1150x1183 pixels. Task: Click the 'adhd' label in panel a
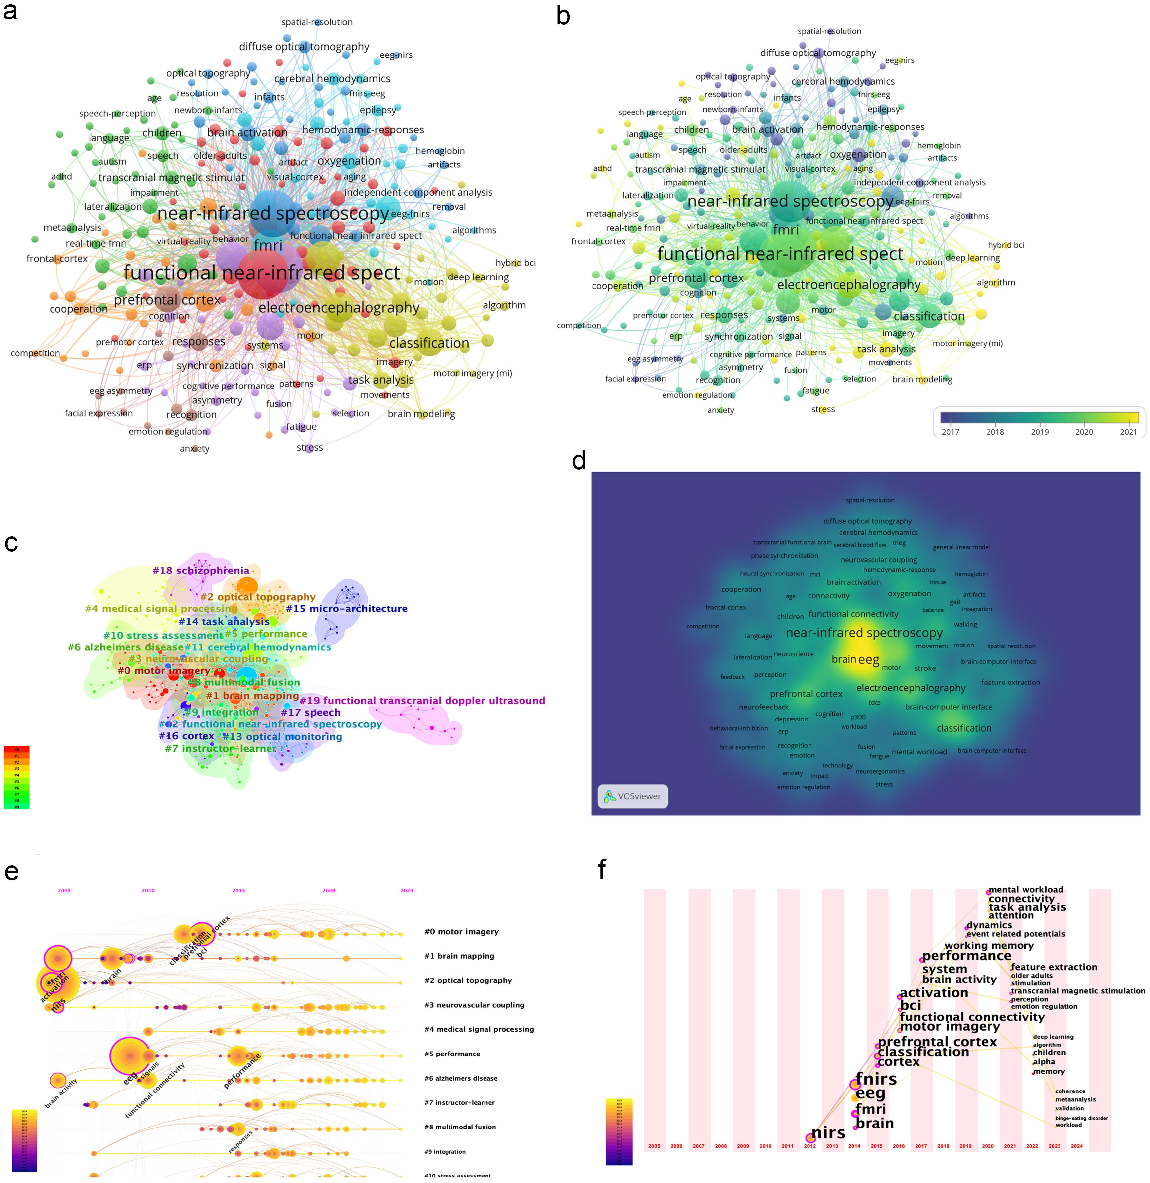click(62, 176)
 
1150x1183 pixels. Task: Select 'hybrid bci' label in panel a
click(515, 263)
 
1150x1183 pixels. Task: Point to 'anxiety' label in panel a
click(195, 448)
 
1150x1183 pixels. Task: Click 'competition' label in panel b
click(579, 326)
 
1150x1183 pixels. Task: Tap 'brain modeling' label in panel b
click(922, 380)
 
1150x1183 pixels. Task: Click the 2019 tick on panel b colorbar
click(1039, 432)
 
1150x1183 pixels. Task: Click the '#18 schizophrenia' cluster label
click(200, 570)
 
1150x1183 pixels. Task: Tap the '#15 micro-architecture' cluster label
click(346, 609)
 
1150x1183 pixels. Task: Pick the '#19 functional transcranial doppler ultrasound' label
click(422, 701)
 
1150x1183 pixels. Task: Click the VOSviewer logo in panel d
click(632, 796)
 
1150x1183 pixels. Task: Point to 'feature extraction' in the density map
click(1011, 682)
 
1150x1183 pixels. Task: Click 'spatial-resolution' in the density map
click(870, 500)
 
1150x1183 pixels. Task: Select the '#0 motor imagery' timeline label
click(461, 932)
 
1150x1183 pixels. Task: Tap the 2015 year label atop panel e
click(238, 891)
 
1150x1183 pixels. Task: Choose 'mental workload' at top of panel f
click(1025, 890)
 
